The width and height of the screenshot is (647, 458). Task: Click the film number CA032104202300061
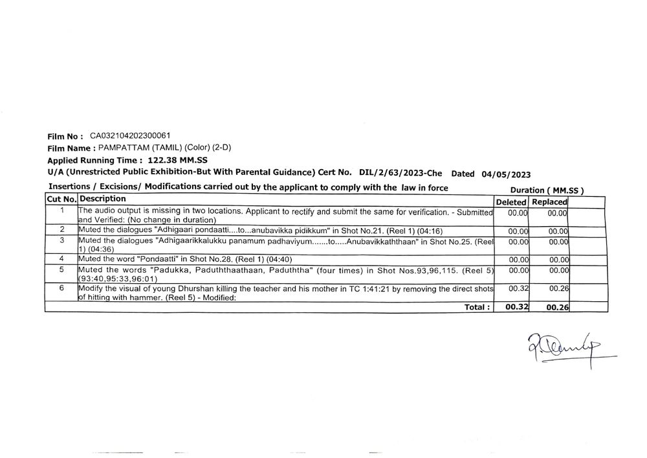pos(130,136)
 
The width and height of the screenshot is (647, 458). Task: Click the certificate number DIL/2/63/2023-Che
pos(400,173)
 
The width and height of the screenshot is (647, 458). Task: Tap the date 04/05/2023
pos(507,174)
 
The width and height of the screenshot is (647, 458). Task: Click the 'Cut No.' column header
pos(61,200)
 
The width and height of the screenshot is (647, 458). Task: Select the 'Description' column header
pos(103,199)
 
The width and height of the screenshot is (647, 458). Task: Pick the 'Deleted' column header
pos(511,202)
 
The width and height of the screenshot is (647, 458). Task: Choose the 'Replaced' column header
pos(549,202)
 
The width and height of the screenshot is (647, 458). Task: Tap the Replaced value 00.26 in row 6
pos(558,288)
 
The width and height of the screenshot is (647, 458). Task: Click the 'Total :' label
pos(477,307)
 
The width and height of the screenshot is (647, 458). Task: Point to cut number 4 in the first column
pos(61,258)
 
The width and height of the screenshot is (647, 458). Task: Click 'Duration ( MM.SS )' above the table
pos(547,190)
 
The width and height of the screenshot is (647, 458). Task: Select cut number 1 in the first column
pos(61,211)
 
